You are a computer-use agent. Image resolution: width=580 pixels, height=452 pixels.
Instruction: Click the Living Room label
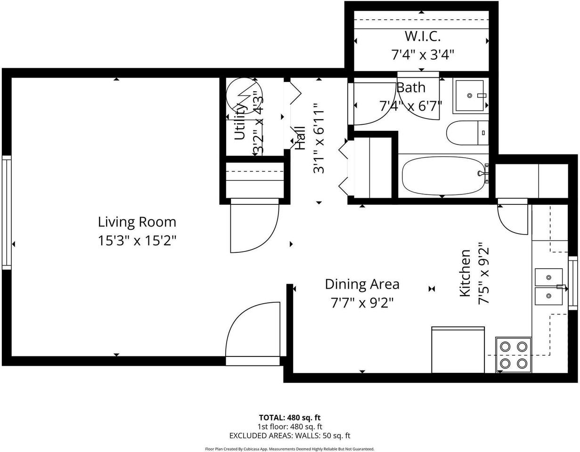(137, 222)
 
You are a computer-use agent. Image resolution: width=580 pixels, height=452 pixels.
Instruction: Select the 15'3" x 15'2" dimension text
(137, 241)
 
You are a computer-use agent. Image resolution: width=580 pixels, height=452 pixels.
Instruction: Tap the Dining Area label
(362, 284)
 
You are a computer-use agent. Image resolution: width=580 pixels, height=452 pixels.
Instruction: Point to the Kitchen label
(465, 273)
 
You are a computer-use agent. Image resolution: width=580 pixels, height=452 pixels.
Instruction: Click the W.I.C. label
(422, 36)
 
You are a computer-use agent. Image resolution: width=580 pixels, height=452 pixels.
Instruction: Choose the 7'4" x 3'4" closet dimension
(422, 55)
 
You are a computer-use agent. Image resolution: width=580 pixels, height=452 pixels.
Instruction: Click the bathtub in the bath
(443, 176)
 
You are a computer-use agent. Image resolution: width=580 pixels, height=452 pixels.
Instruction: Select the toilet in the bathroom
(466, 133)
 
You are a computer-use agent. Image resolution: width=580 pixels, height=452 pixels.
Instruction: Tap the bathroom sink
(469, 96)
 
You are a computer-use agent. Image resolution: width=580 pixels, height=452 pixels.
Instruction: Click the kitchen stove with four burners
(513, 355)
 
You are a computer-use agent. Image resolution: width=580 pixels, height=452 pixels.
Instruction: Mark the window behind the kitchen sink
(572, 282)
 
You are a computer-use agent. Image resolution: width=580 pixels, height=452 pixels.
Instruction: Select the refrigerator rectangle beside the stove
(457, 350)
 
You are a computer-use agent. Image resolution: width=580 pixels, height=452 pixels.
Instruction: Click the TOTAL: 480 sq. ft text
(290, 418)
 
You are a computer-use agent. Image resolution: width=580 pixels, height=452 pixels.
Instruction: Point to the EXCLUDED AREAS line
(290, 436)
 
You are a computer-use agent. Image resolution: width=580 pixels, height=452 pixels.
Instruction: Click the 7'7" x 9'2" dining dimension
(362, 302)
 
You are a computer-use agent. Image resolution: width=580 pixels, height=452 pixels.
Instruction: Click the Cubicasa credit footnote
(290, 449)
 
